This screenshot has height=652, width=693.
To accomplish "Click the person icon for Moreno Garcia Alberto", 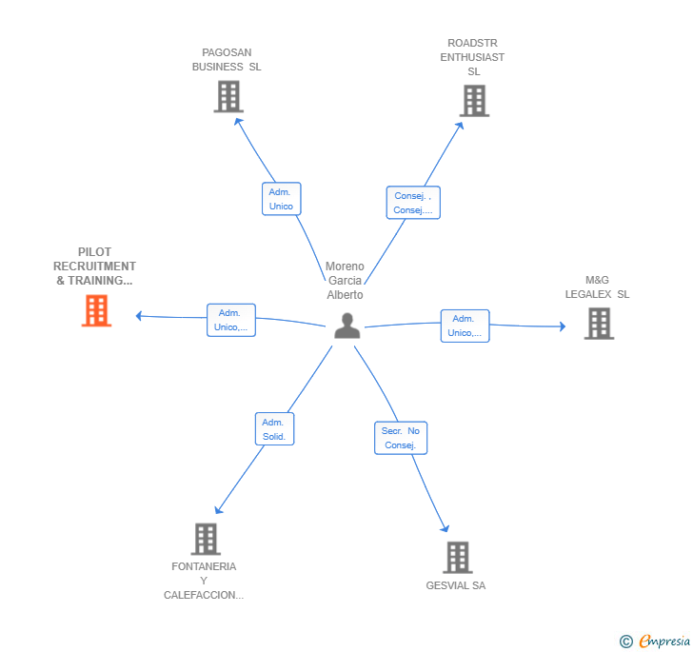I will pyautogui.click(x=347, y=326).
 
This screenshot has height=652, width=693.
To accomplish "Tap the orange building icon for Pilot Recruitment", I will pyautogui.click(x=96, y=310).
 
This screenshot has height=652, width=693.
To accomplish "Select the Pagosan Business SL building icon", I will pyautogui.click(x=228, y=96).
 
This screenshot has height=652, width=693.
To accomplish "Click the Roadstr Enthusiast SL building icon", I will pyautogui.click(x=474, y=101).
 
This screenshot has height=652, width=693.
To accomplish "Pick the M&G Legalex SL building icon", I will pyautogui.click(x=598, y=324).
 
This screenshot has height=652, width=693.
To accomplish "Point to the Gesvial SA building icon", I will pyautogui.click(x=458, y=557).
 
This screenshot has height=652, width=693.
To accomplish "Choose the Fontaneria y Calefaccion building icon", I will pyautogui.click(x=206, y=539).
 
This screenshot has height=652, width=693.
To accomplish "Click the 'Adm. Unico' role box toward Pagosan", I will pyautogui.click(x=281, y=199).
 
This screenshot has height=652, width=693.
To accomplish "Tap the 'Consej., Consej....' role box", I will pyautogui.click(x=413, y=203).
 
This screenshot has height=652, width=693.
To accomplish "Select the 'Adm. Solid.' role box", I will pyautogui.click(x=274, y=429).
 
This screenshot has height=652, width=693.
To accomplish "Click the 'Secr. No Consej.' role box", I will pyautogui.click(x=401, y=438).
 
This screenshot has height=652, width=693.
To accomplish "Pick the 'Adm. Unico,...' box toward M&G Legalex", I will pyautogui.click(x=465, y=326).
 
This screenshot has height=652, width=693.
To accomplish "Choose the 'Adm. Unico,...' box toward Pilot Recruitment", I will pyautogui.click(x=230, y=320).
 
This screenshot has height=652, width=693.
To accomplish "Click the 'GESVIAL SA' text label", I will pyautogui.click(x=456, y=585).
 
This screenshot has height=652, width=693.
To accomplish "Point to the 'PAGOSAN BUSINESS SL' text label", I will pyautogui.click(x=227, y=60).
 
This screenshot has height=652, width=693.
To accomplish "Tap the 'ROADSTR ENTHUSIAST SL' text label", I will pyautogui.click(x=473, y=57).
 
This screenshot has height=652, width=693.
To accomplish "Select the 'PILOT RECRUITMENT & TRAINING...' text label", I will pyautogui.click(x=94, y=267).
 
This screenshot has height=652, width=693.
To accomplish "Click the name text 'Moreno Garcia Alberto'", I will pyautogui.click(x=345, y=281).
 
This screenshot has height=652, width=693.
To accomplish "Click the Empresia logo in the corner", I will pyautogui.click(x=655, y=642).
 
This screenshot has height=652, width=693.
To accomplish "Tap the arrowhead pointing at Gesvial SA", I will pyautogui.click(x=445, y=529).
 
